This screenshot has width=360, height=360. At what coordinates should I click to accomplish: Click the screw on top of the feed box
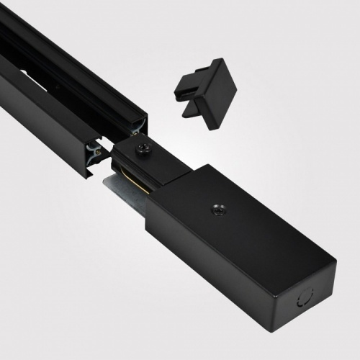[215, 209]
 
